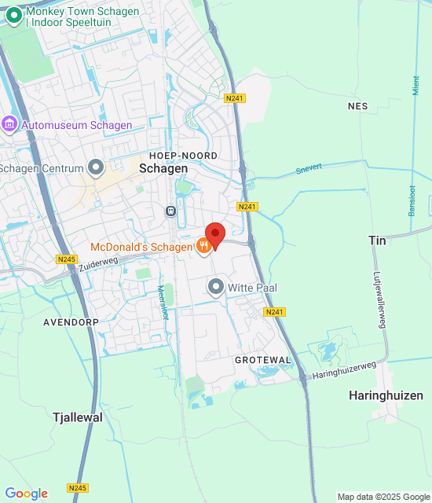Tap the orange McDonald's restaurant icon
click(x=203, y=247)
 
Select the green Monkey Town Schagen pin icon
click(x=13, y=13)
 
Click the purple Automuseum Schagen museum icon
click(x=9, y=124)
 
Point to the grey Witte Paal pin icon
click(x=216, y=288)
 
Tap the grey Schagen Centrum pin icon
click(x=96, y=167)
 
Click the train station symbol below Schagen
click(x=170, y=211)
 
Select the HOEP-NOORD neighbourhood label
click(x=183, y=156)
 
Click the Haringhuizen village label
click(x=386, y=395)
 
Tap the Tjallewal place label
click(x=77, y=417)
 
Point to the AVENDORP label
click(x=69, y=322)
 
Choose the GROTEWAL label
click(x=263, y=360)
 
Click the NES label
click(x=357, y=105)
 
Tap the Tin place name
click(x=377, y=240)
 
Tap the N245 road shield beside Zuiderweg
click(x=67, y=259)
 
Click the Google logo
click(x=26, y=494)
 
